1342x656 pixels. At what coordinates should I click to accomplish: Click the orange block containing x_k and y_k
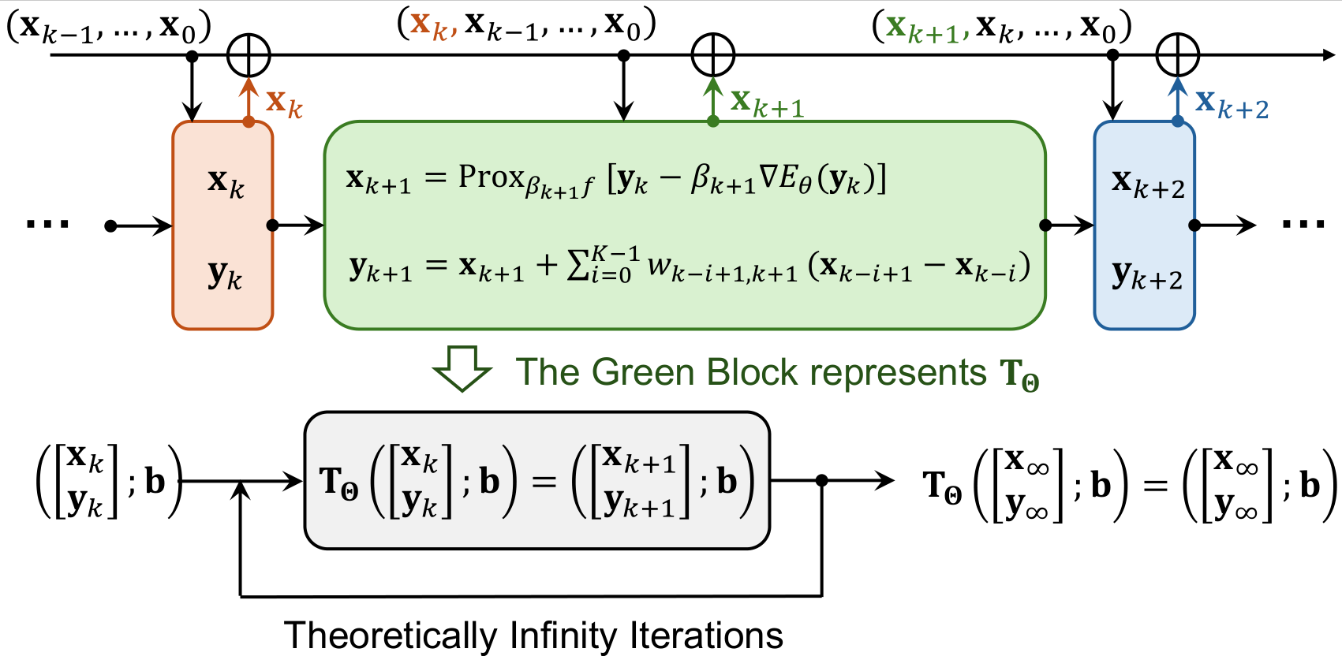coord(222,225)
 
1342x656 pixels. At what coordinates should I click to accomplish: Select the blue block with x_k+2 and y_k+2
coord(1144,225)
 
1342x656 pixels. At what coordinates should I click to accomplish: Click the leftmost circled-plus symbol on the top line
coord(249,55)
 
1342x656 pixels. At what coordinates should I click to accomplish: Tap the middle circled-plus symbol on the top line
coord(713,55)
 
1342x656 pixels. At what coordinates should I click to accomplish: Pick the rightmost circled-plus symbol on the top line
coord(1177,55)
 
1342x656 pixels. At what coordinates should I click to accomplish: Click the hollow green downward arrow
coord(462,367)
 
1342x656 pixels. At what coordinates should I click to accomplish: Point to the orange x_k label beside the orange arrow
coord(284,102)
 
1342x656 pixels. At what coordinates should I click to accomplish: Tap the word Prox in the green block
coord(492,177)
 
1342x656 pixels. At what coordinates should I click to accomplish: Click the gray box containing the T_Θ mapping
coord(536,480)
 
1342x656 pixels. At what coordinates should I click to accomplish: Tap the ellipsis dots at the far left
coord(47,225)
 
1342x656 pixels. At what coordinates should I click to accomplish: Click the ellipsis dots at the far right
coord(1303,225)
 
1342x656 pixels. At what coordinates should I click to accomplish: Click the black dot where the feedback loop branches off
coord(822,480)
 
